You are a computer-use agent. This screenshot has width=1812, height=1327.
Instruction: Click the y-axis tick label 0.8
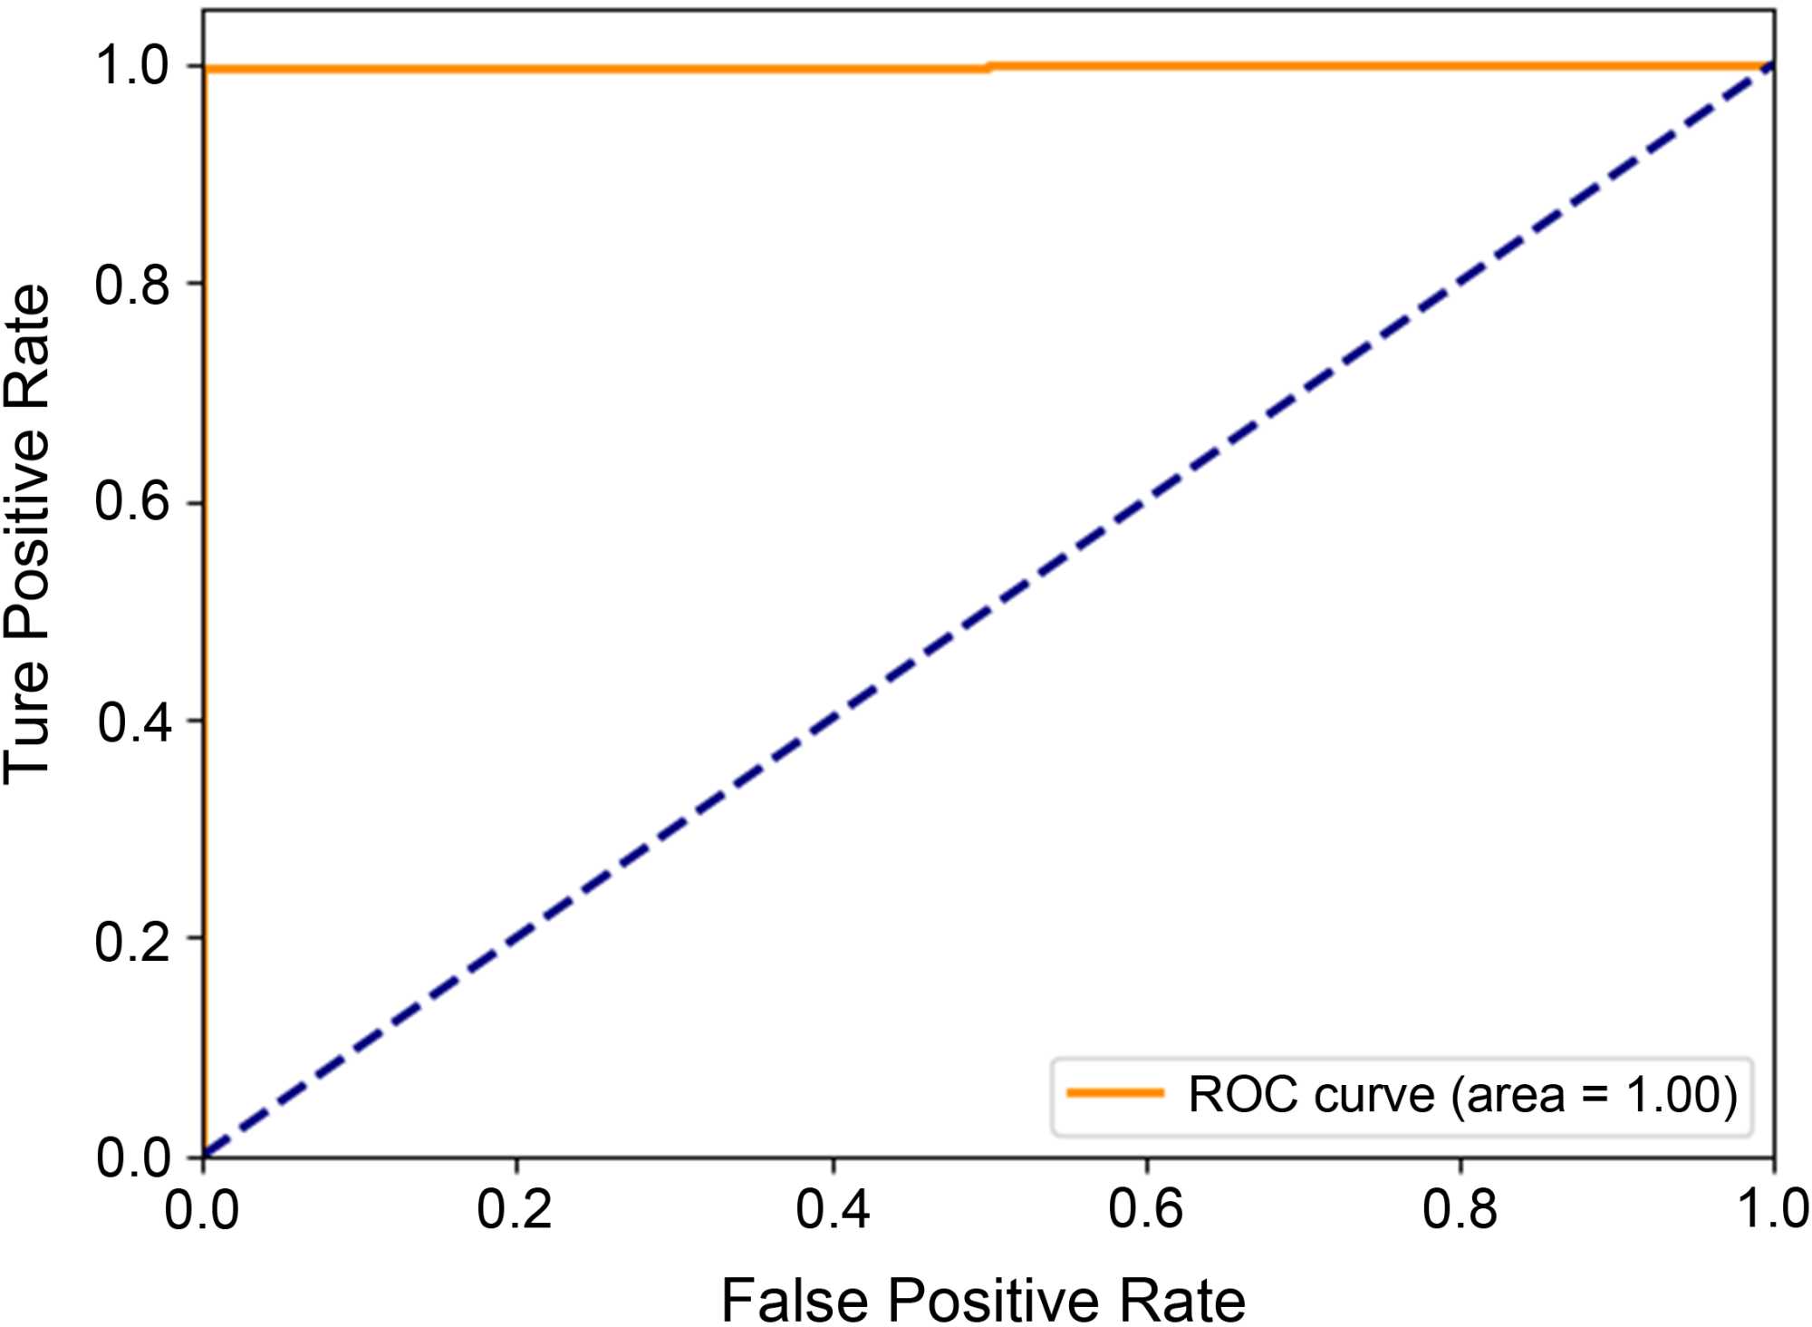pyautogui.click(x=133, y=285)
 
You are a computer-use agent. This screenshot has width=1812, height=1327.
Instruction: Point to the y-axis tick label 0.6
pyautogui.click(x=133, y=502)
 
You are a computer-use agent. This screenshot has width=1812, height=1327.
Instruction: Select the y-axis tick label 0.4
pyautogui.click(x=135, y=722)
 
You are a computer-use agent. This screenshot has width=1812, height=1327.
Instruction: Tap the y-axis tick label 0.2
pyautogui.click(x=133, y=941)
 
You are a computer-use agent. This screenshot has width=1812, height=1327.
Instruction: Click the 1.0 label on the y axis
pyautogui.click(x=133, y=66)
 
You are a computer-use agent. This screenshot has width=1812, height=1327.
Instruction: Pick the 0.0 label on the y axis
pyautogui.click(x=134, y=1158)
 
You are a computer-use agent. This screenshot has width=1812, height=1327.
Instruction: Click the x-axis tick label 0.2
pyautogui.click(x=515, y=1209)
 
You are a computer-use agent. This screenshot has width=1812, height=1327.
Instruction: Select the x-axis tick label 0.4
pyautogui.click(x=833, y=1209)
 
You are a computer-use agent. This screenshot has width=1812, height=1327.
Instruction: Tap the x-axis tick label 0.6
pyautogui.click(x=1146, y=1209)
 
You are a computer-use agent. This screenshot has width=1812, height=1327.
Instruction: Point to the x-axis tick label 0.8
pyautogui.click(x=1460, y=1209)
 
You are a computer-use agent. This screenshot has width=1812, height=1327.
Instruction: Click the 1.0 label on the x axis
pyautogui.click(x=1772, y=1209)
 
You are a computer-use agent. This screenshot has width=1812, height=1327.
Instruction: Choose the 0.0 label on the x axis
pyautogui.click(x=201, y=1209)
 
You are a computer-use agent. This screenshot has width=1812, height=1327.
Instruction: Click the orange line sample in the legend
pyautogui.click(x=1115, y=1093)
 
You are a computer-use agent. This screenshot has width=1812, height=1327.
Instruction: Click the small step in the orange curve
pyautogui.click(x=989, y=67)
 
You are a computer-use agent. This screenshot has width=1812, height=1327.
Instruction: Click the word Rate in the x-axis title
pyautogui.click(x=1182, y=1300)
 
